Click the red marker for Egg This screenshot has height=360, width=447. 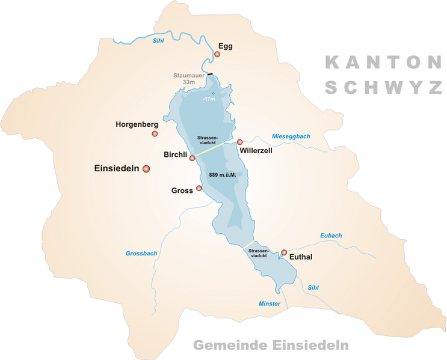tap(217, 55)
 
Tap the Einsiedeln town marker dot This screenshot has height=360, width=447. tap(146, 169)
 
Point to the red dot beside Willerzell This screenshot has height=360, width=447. tap(239, 142)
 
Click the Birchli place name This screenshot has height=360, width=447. tap(175, 155)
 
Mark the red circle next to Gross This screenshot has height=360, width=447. tap(199, 188)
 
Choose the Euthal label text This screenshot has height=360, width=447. tap(301, 257)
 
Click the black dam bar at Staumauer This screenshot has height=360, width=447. tap(209, 74)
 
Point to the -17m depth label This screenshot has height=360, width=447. tap(209, 99)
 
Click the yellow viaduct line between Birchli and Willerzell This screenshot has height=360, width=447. tap(208, 150)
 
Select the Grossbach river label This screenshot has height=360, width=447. tap(141, 254)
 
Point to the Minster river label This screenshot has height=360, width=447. tap(269, 304)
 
